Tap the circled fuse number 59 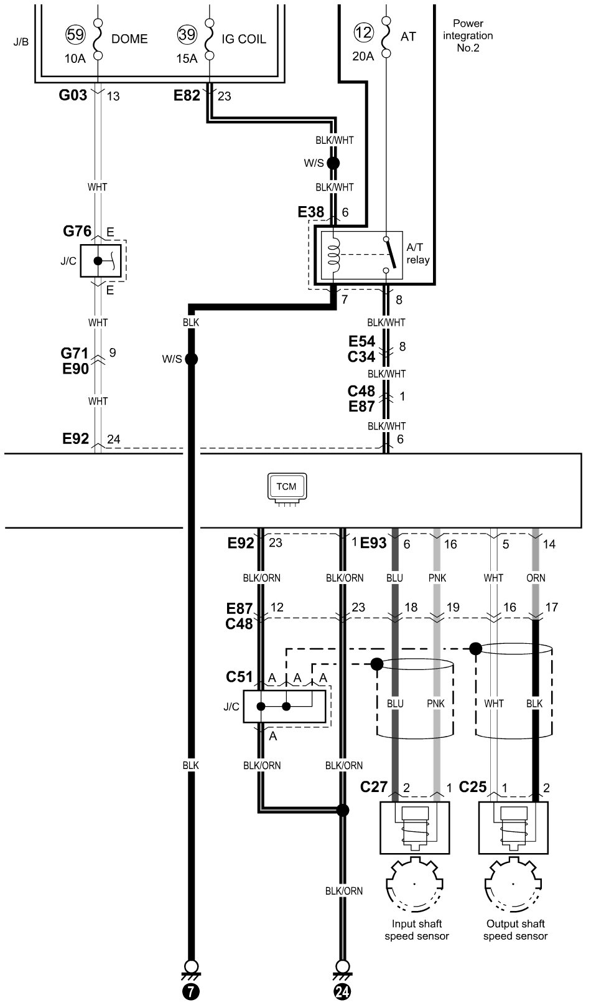pyautogui.click(x=75, y=34)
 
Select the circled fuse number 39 pyautogui.click(x=187, y=34)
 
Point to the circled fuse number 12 pyautogui.click(x=363, y=32)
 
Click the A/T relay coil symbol pyautogui.click(x=334, y=254)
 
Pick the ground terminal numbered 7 pyautogui.click(x=191, y=985)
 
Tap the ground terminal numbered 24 pyautogui.click(x=343, y=985)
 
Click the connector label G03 pyautogui.click(x=73, y=95)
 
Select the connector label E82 pyautogui.click(x=187, y=95)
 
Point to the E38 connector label pyautogui.click(x=311, y=212)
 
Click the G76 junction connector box pyautogui.click(x=101, y=261)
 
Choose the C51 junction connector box pyautogui.click(x=284, y=706)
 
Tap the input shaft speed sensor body pyautogui.click(x=415, y=828)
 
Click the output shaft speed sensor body pyautogui.click(x=513, y=828)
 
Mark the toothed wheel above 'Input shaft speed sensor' pyautogui.click(x=415, y=884)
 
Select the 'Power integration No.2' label pyautogui.click(x=468, y=35)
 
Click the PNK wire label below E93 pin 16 pyautogui.click(x=437, y=578)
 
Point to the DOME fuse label pyautogui.click(x=129, y=39)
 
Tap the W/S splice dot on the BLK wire pyautogui.click(x=192, y=359)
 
